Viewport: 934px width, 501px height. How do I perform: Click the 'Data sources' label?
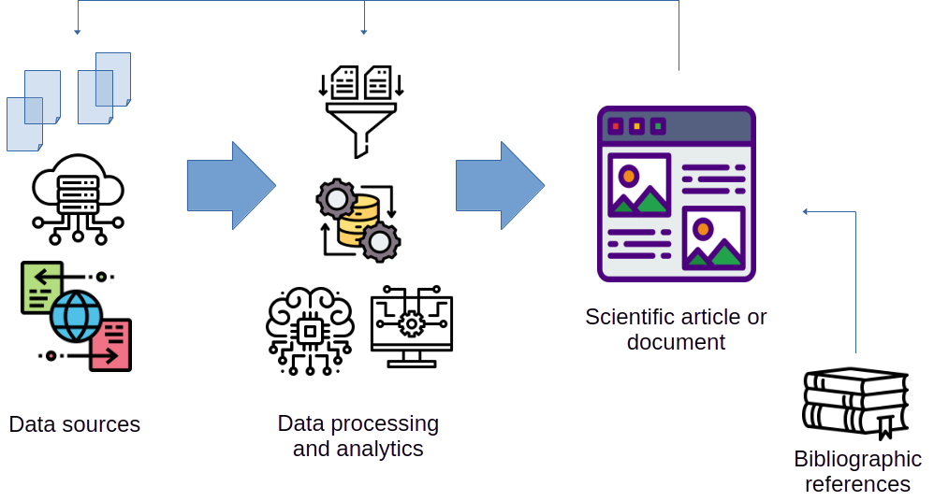[x=75, y=424]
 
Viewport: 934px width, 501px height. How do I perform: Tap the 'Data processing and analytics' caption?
[x=358, y=436]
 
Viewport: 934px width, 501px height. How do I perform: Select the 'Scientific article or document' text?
[x=676, y=329]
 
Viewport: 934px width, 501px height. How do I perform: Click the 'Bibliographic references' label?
[x=857, y=471]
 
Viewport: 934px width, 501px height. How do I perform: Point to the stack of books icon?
[x=855, y=403]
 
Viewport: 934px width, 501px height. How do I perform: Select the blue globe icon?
[x=77, y=315]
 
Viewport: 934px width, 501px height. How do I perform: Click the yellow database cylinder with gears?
[x=358, y=220]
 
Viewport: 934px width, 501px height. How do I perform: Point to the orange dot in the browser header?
[x=637, y=125]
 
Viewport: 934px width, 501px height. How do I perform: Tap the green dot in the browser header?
[x=659, y=125]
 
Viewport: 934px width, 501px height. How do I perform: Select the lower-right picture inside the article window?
[x=713, y=238]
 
